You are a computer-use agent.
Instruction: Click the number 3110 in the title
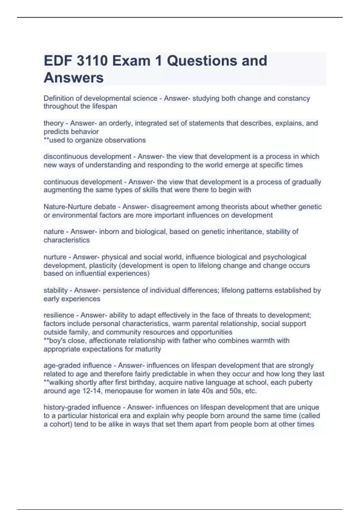click(92, 61)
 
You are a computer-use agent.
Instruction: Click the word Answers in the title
click(74, 78)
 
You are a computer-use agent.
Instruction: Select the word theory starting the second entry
click(53, 123)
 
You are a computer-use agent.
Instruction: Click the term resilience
click(58, 315)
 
